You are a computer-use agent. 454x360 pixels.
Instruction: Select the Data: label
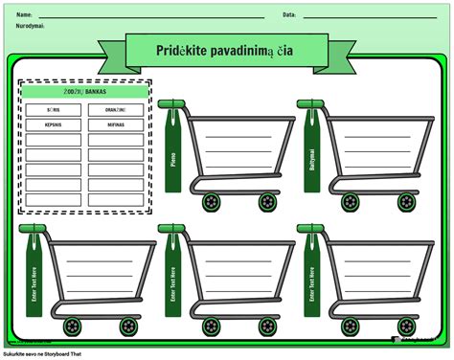[289, 15]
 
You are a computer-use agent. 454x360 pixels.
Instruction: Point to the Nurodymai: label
[30, 26]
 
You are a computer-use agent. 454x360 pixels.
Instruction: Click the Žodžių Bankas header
[84, 92]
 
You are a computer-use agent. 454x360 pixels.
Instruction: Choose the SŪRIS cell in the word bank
[53, 110]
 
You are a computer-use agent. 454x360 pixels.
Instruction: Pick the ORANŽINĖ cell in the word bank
[116, 110]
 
